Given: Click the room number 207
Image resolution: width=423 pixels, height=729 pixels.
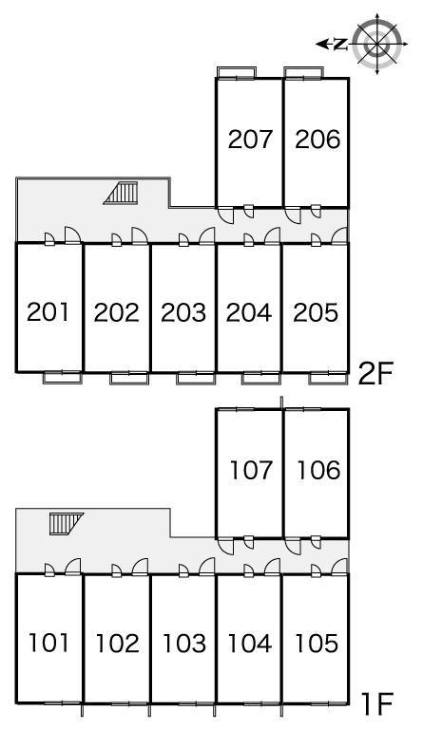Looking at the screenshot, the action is pyautogui.click(x=250, y=139).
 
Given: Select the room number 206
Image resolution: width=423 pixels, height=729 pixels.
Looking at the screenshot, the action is pyautogui.click(x=317, y=139).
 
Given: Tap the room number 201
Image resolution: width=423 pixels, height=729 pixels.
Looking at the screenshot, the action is pyautogui.click(x=48, y=312).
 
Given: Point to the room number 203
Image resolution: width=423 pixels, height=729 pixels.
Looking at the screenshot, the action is pyautogui.click(x=183, y=312).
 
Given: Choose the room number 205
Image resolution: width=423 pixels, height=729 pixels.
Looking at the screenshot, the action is pyautogui.click(x=316, y=312).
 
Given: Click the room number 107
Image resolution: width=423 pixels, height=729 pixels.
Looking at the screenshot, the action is pyautogui.click(x=251, y=470).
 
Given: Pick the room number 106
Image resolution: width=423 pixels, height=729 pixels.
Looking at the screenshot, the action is pyautogui.click(x=318, y=470).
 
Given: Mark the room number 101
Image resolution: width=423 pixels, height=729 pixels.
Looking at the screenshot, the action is pyautogui.click(x=48, y=643).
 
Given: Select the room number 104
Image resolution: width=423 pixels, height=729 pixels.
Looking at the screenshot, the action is pyautogui.click(x=249, y=644).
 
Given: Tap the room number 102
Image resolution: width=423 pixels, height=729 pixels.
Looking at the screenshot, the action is pyautogui.click(x=117, y=644).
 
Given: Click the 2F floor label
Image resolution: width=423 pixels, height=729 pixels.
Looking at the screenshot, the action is pyautogui.click(x=375, y=374).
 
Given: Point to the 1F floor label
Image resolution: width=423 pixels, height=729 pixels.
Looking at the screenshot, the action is pyautogui.click(x=377, y=703).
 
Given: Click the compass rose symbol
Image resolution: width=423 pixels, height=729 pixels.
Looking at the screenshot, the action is pyautogui.click(x=377, y=45).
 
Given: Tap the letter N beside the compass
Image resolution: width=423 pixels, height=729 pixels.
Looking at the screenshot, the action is pyautogui.click(x=341, y=45).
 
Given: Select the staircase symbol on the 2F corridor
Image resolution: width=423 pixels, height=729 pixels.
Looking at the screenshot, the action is pyautogui.click(x=121, y=193).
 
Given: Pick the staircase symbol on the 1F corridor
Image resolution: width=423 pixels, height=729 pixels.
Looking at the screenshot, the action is pyautogui.click(x=67, y=524).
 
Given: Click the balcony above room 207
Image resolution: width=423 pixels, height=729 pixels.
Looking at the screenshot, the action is pyautogui.click(x=237, y=72).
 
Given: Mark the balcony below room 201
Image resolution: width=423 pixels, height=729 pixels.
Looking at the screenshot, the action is pyautogui.click(x=63, y=378).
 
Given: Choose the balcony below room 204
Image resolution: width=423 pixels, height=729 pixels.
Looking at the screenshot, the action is pyautogui.click(x=261, y=378).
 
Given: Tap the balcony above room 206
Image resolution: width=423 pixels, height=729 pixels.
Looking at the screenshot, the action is pyautogui.click(x=303, y=72).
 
